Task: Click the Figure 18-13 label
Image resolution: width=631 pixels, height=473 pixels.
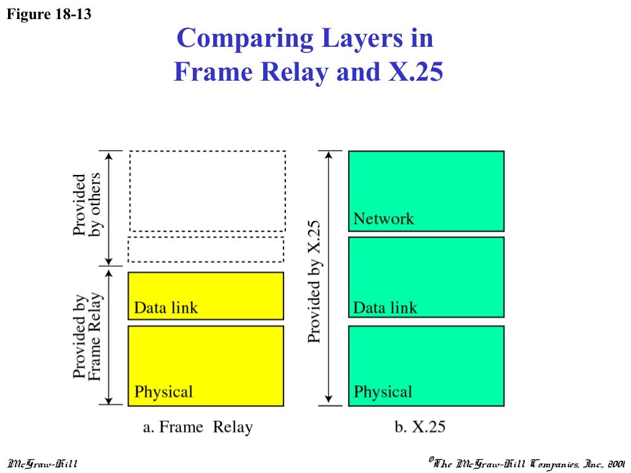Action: click(49, 14)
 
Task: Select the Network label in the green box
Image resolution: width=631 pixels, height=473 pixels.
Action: click(383, 219)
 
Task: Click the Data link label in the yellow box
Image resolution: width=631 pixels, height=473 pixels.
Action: click(166, 307)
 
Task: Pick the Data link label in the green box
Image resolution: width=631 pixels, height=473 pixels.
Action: click(385, 307)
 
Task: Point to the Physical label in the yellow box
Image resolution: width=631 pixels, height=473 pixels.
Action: click(163, 392)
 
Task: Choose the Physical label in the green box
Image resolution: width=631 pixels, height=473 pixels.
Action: click(383, 392)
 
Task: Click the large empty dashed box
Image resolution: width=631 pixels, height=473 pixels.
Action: click(207, 190)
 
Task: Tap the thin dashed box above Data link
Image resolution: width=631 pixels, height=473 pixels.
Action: click(206, 249)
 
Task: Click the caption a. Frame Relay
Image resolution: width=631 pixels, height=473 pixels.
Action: click(198, 427)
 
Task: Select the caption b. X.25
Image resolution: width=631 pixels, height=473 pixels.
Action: click(419, 427)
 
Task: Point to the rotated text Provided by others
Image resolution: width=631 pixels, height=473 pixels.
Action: click(87, 204)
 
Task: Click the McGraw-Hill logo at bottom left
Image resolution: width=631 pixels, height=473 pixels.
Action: click(42, 463)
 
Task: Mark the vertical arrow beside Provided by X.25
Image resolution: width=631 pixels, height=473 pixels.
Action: click(330, 278)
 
